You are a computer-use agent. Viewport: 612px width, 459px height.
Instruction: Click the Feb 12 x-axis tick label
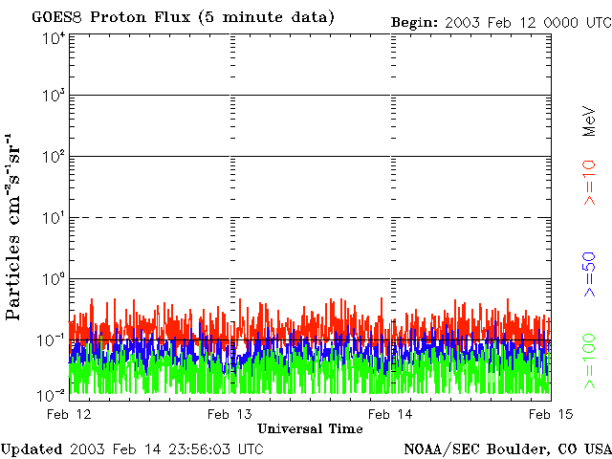70,413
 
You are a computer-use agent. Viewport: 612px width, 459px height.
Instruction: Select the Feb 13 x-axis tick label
230,413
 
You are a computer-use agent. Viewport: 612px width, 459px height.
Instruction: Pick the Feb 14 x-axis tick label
390,413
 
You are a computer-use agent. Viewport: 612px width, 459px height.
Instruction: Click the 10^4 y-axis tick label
54,38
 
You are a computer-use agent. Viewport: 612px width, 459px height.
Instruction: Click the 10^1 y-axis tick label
54,219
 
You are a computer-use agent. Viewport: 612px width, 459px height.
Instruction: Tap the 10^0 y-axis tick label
54,279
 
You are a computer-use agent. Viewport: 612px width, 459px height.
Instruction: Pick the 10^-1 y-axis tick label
53,339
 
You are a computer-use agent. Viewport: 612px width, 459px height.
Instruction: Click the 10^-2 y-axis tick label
53,394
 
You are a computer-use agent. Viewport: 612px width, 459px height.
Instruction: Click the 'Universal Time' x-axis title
311,428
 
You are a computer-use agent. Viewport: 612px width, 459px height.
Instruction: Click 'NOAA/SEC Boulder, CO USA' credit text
507,448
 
